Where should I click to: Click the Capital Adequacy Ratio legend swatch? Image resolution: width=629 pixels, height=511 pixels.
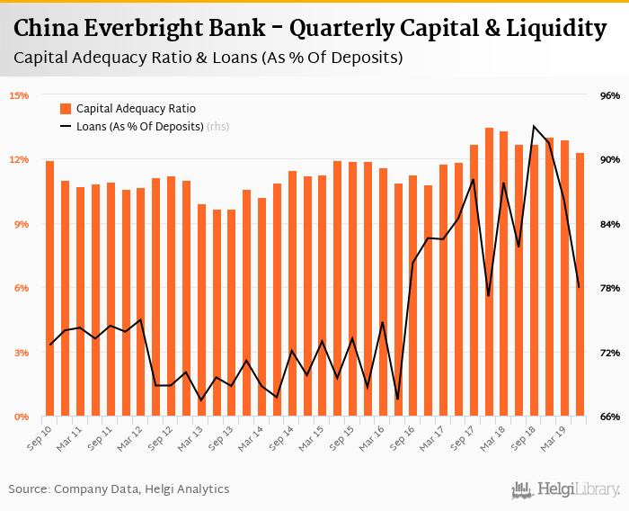[x=66, y=109]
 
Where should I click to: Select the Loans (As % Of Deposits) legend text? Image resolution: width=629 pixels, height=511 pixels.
[x=139, y=127]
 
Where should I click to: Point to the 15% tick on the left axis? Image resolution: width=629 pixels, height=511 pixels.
[x=19, y=95]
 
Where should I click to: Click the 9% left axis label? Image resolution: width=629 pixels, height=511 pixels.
[x=19, y=224]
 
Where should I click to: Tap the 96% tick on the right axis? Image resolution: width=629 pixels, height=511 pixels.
[x=610, y=95]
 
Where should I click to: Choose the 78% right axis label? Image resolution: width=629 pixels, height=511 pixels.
[x=610, y=288]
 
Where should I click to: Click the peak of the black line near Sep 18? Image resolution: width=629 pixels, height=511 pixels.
[x=534, y=126]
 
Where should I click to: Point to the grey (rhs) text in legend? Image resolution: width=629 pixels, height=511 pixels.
[x=218, y=127]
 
